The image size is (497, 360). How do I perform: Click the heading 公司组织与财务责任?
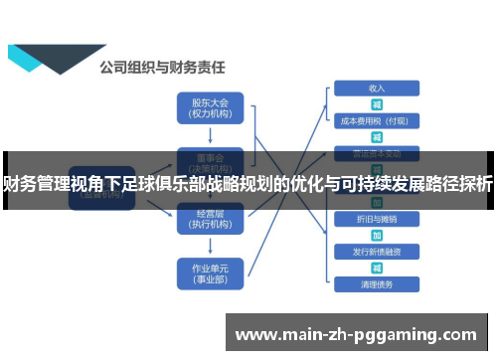[163, 69]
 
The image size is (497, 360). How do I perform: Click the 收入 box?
[376, 89]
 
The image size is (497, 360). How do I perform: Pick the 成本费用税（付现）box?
[376, 121]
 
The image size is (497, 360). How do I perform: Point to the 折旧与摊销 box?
[376, 218]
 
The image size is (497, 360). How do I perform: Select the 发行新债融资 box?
[376, 251]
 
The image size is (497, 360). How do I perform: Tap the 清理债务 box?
[376, 284]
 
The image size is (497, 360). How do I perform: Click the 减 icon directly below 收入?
[376, 104]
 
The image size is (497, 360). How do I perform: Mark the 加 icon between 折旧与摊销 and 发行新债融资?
[376, 235]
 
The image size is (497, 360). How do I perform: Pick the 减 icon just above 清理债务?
[376, 268]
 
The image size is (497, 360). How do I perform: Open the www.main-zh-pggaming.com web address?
[356, 333]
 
